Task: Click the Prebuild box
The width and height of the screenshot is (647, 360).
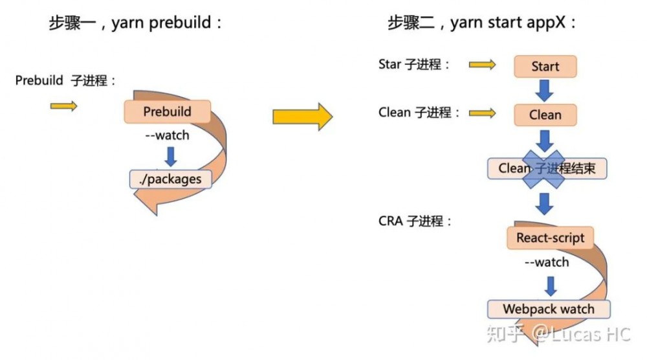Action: coord(167,111)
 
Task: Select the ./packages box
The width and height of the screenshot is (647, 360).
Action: coord(171,179)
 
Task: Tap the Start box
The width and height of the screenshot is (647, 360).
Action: coord(545,66)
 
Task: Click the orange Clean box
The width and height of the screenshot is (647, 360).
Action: coord(545,115)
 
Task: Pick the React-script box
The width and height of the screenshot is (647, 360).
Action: coord(550,238)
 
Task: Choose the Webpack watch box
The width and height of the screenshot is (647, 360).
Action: coord(548,309)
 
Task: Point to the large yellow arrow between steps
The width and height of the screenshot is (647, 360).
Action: coord(302,116)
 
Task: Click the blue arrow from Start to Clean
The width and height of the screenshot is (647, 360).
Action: coord(545,90)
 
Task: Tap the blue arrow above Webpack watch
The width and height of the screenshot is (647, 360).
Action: coord(551,286)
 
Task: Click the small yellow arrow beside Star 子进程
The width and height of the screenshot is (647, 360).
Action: coord(482,65)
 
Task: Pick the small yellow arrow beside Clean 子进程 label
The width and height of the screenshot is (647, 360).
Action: coord(482,113)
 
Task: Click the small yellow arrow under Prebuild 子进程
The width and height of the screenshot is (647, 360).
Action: coord(63,106)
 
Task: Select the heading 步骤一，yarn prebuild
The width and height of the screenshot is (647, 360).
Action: coord(136,23)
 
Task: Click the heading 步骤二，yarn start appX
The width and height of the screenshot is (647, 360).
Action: coord(481,23)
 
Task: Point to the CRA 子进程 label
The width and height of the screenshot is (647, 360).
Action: coord(415,221)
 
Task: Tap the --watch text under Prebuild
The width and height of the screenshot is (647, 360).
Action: coord(167,135)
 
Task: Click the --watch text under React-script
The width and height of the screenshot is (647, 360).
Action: coord(547,262)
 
